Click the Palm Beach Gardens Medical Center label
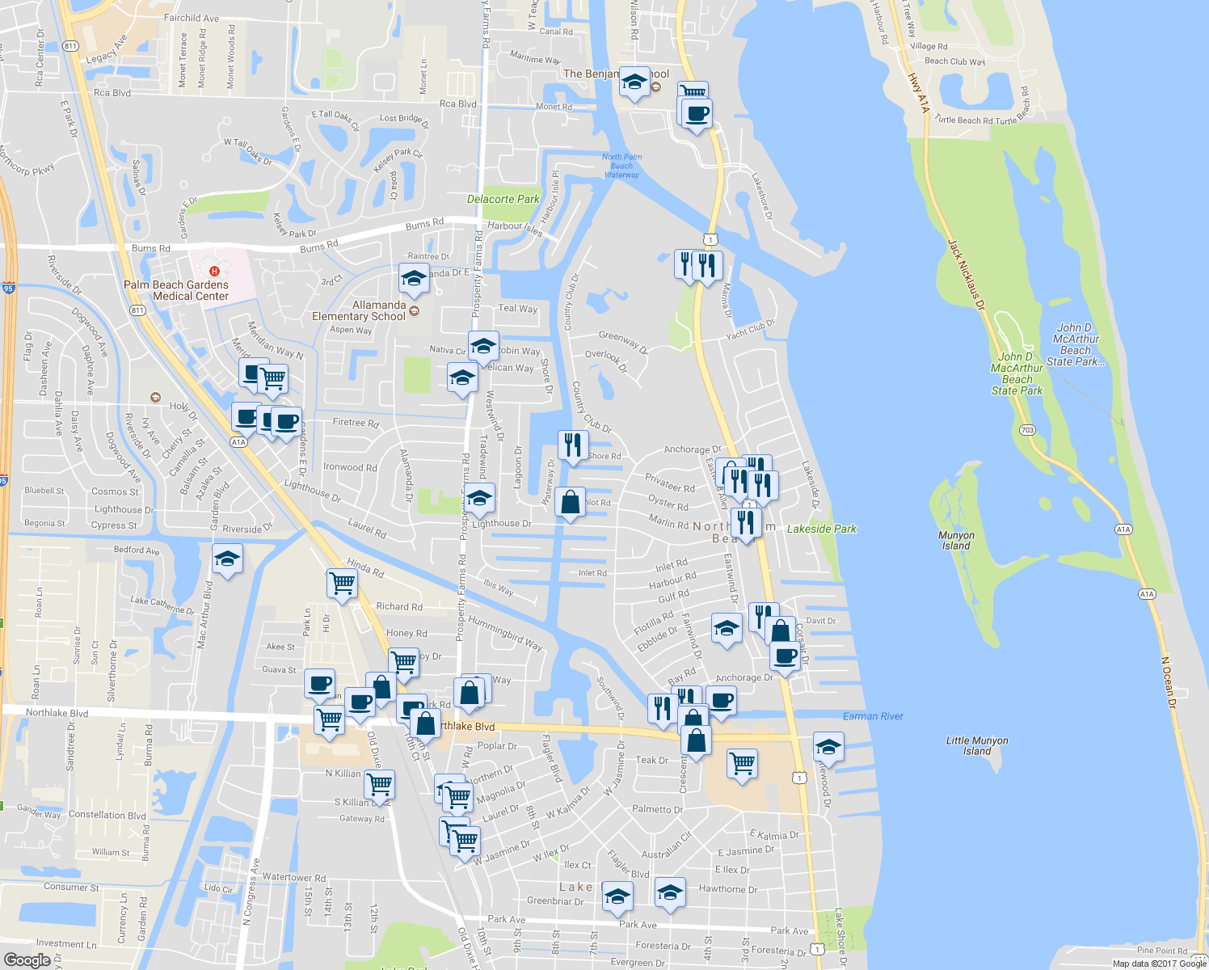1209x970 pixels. click(x=176, y=290)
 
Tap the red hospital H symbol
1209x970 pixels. click(x=214, y=271)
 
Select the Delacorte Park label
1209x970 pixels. click(x=503, y=199)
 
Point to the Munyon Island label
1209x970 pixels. click(x=956, y=541)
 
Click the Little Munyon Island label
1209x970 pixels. click(x=977, y=745)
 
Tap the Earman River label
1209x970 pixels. click(x=873, y=716)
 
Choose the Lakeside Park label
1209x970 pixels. click(x=821, y=529)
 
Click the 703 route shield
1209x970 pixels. click(x=1027, y=430)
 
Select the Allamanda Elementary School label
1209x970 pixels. click(x=359, y=310)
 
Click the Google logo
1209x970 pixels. click(x=27, y=959)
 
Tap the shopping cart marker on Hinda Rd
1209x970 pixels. click(x=343, y=582)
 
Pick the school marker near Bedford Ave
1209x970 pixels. click(x=227, y=559)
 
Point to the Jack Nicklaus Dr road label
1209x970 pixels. click(x=967, y=275)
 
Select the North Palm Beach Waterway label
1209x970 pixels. click(x=621, y=166)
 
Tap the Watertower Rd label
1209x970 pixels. click(x=294, y=877)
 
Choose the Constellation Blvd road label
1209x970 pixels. click(x=107, y=815)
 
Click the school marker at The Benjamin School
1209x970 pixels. click(x=634, y=82)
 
